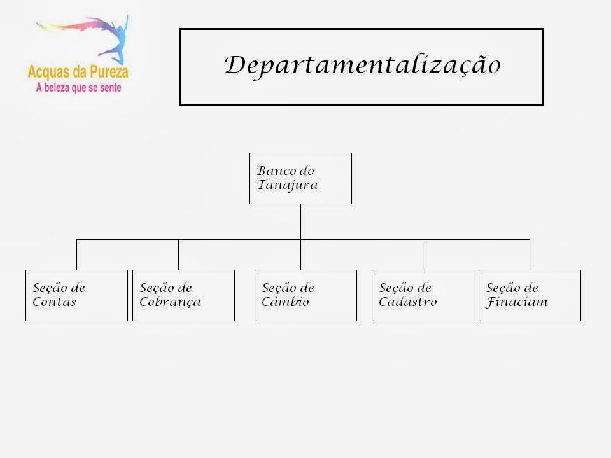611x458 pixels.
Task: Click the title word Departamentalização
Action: (x=362, y=65)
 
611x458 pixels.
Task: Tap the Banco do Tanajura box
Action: (x=300, y=178)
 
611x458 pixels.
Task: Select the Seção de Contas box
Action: (x=76, y=295)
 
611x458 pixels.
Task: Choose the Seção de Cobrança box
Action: (x=183, y=295)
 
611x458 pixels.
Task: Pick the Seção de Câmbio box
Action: (x=305, y=295)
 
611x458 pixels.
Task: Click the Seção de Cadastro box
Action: (x=423, y=295)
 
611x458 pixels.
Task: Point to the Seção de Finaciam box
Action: (x=530, y=295)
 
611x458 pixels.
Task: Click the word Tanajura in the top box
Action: (x=287, y=186)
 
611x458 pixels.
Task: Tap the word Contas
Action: (x=54, y=302)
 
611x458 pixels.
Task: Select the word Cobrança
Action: (x=170, y=302)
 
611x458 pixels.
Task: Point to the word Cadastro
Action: (x=407, y=302)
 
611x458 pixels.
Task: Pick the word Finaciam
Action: (x=516, y=302)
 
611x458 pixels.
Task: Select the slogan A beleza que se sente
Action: (x=78, y=88)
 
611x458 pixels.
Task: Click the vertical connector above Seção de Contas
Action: (x=77, y=254)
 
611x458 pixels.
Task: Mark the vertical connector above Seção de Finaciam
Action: (x=530, y=254)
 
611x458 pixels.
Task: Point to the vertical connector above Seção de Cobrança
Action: (x=179, y=254)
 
